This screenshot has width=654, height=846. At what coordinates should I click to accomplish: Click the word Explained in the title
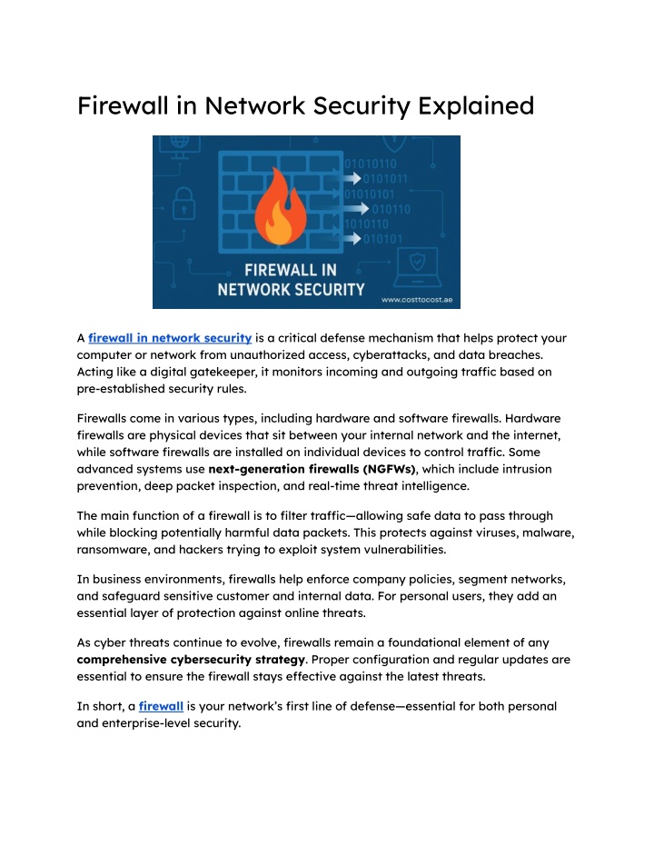476,106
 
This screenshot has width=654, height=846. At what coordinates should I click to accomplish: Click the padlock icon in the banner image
183,204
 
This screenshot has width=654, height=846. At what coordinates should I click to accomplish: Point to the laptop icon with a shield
417,267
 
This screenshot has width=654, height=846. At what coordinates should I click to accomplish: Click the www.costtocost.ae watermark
417,300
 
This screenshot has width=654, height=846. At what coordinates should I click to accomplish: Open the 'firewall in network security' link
170,338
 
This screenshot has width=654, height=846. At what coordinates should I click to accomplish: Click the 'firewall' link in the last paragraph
161,706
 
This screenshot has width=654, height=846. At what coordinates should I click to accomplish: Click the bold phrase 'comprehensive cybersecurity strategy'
192,660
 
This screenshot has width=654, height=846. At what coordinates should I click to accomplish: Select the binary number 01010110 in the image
371,164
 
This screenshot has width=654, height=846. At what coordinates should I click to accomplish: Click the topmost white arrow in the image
352,178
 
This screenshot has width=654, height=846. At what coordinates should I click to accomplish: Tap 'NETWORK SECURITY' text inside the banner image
292,290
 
